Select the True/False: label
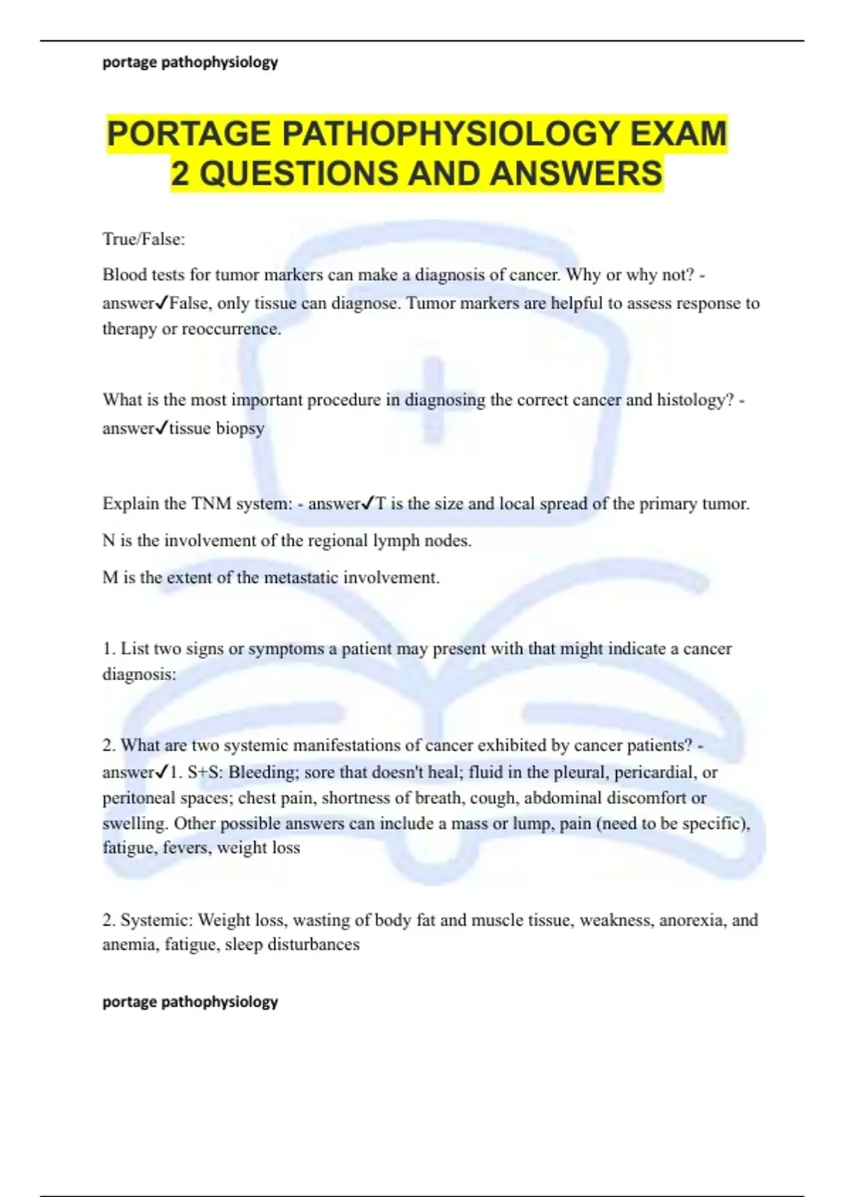(x=144, y=239)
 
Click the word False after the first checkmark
(x=189, y=303)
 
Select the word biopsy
(x=240, y=429)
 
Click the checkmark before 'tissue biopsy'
(x=161, y=428)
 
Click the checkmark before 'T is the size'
(x=368, y=504)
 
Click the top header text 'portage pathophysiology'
(x=190, y=62)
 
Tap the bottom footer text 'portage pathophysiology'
(x=190, y=1001)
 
